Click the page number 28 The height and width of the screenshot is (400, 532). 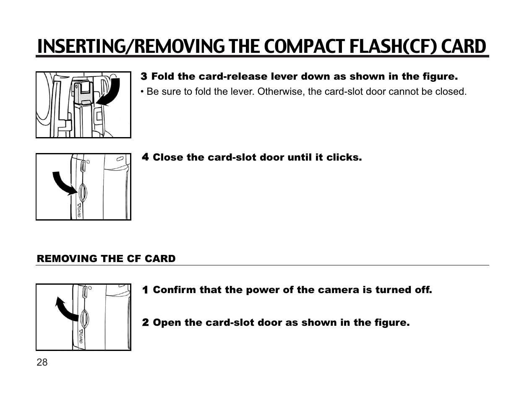tap(42, 363)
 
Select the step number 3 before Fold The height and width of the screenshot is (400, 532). tap(144, 77)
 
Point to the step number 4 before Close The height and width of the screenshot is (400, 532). tap(146, 158)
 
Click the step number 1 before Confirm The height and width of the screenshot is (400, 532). tap(146, 290)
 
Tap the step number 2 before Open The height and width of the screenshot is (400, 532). tap(146, 323)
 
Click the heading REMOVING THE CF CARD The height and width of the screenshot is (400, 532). tap(106, 259)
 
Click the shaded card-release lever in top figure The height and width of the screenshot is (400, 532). tap(82, 92)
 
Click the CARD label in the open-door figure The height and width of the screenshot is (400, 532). tap(81, 337)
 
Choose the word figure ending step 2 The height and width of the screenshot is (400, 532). tap(393, 323)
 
